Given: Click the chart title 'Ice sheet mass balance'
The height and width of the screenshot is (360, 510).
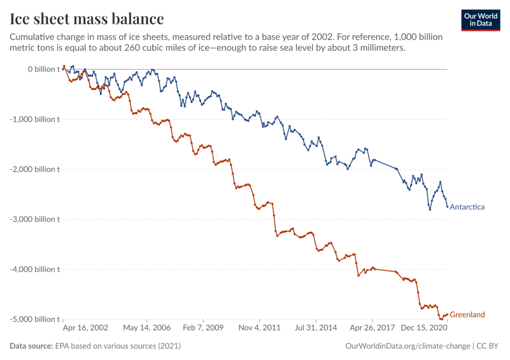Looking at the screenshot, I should point(87,19).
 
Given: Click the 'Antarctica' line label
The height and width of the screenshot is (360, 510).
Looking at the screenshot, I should point(467,207).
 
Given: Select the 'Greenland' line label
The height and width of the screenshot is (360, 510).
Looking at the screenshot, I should point(467,315).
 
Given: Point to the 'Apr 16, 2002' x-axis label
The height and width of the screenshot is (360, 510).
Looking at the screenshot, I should point(85,328).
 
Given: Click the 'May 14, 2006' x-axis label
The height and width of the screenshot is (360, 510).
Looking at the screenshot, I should point(146,328).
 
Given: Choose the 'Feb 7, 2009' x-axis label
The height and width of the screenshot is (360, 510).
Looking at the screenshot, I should point(204,328).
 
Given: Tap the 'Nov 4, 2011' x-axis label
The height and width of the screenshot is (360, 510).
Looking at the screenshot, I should point(259,328).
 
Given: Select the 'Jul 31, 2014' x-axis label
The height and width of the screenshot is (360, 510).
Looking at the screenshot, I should point(316,328).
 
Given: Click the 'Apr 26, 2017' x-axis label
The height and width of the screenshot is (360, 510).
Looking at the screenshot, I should point(372,328).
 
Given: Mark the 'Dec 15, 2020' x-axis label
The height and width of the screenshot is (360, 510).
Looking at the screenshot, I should point(423,328).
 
